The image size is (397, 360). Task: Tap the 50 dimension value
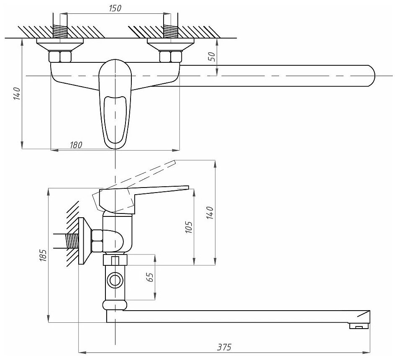coord(212,57)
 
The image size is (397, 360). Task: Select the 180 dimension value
coord(76,144)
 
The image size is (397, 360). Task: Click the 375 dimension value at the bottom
coord(225,347)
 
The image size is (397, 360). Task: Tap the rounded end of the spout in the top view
coord(370,75)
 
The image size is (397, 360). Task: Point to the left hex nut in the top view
coord(60,57)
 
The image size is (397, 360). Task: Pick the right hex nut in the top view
coord(170,57)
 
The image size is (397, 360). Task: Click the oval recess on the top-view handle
coord(115,119)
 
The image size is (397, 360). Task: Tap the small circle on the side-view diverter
coord(114,279)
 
